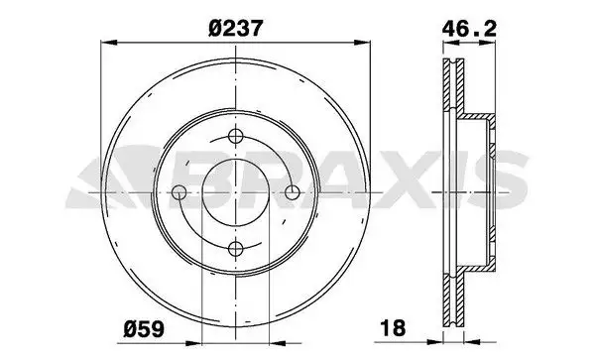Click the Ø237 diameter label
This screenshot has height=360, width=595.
point(235,29)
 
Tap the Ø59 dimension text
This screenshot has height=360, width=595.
point(144,328)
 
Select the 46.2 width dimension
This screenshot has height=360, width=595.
point(469,29)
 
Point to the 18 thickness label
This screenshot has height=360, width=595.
point(393,327)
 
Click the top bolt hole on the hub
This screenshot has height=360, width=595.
point(236,136)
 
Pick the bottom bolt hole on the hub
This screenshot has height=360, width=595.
point(236,249)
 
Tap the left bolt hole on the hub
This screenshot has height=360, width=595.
point(179,192)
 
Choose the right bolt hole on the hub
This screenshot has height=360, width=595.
point(293,192)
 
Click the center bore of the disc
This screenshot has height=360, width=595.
point(236,192)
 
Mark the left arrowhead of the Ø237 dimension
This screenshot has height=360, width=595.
point(108,43)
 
